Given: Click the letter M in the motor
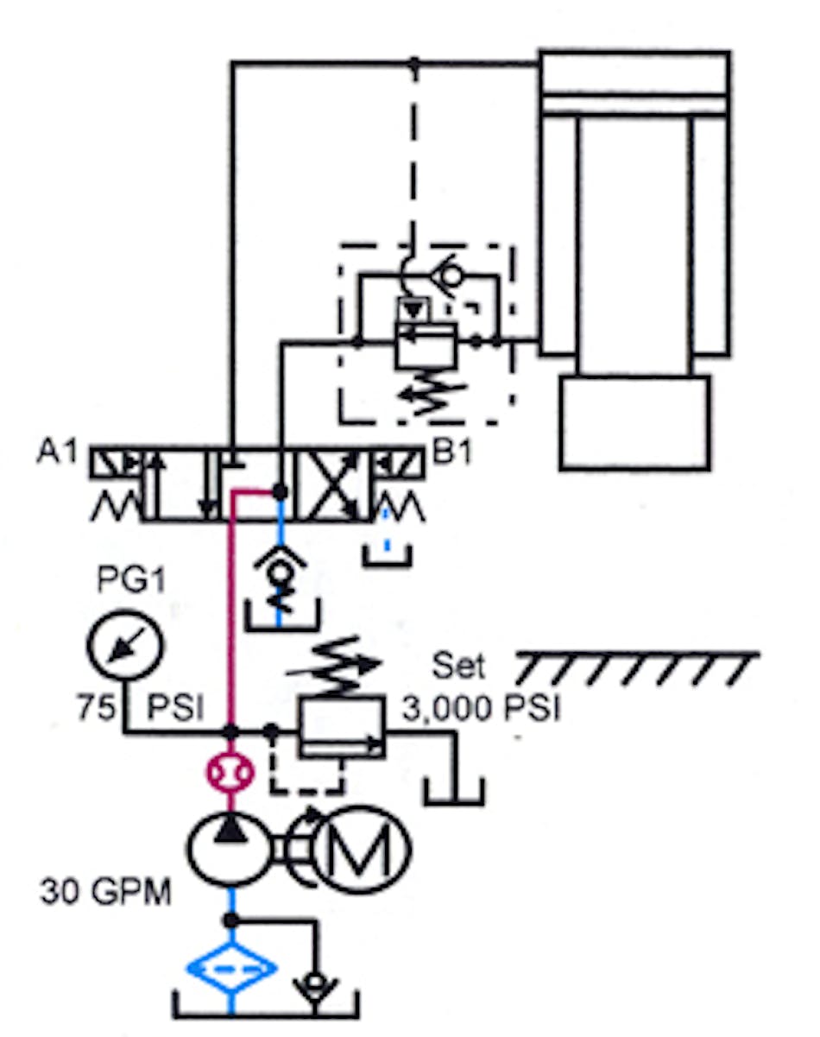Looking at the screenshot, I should (362, 850).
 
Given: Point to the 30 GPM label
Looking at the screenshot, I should (105, 891).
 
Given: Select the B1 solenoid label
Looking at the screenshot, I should (451, 452).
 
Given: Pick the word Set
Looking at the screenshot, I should (459, 667).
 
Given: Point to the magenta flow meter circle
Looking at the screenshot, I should (230, 770).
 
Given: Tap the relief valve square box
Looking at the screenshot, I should (342, 729).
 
